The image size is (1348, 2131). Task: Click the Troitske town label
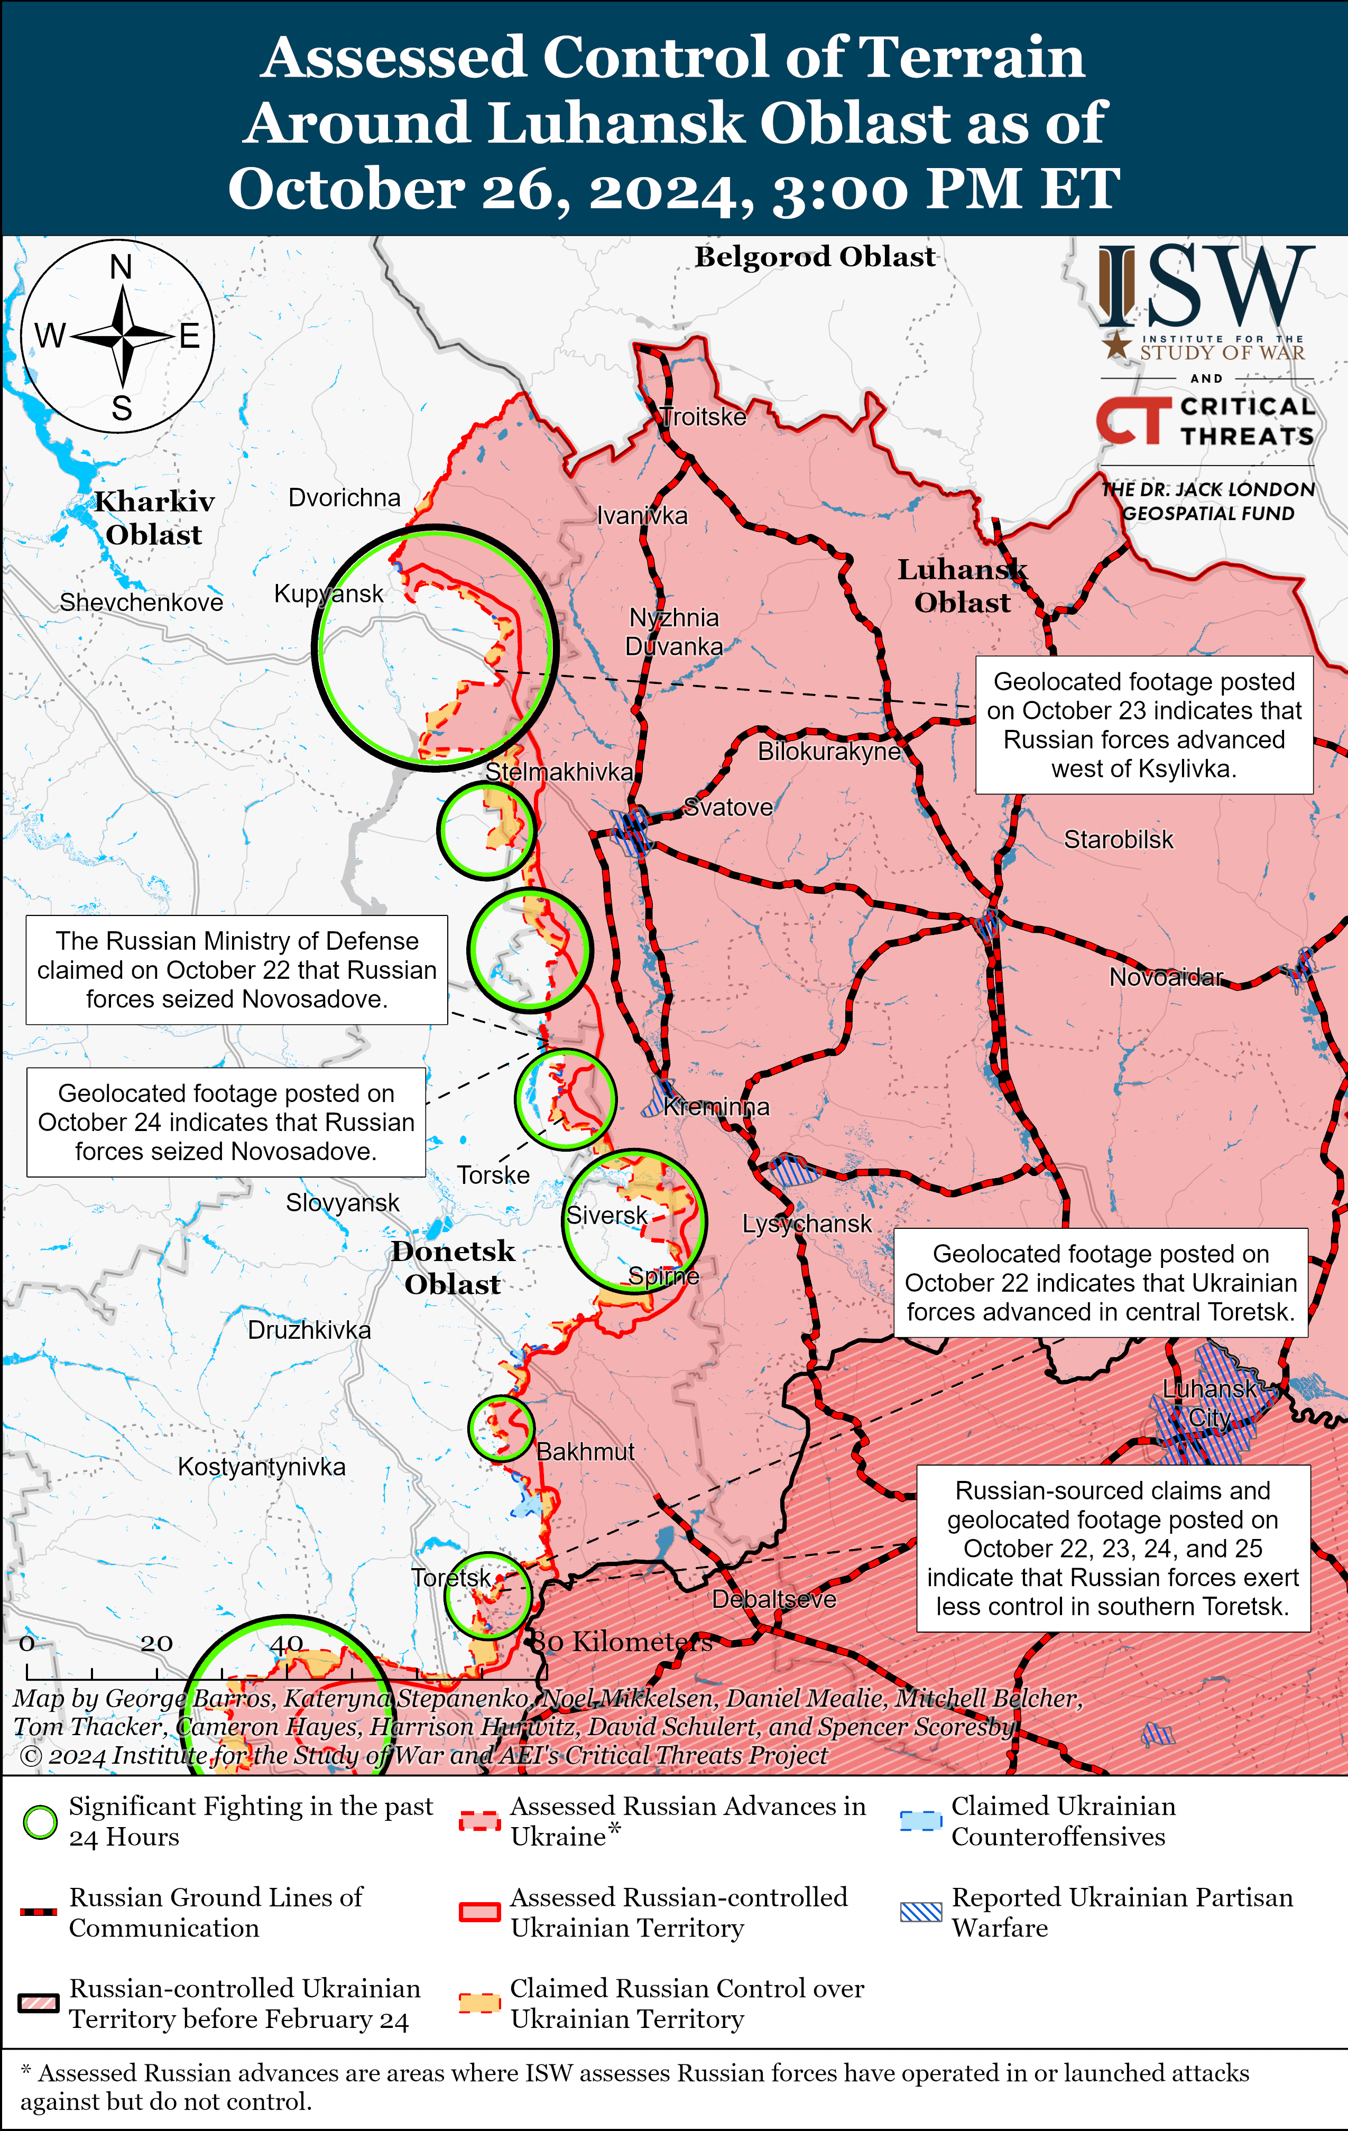pos(704,417)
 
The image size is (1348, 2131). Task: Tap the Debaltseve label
pos(773,1599)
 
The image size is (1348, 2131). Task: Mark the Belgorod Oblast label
pos(814,257)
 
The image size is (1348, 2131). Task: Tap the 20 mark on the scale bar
pos(156,1643)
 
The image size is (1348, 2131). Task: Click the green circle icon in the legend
pos(40,1822)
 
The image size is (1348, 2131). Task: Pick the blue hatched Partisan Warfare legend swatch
pos(920,1912)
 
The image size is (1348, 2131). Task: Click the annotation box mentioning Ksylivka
pos(1143,725)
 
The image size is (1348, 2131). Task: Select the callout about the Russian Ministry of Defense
pos(236,970)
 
